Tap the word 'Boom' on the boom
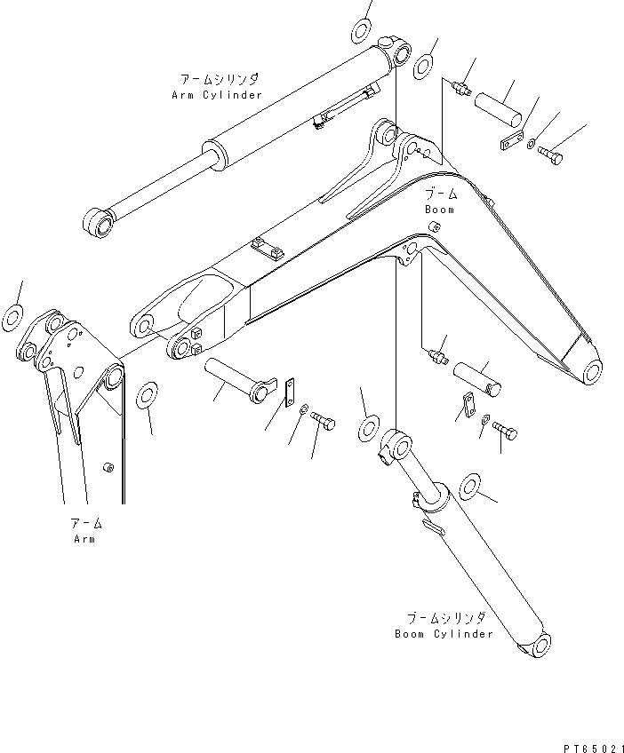439,210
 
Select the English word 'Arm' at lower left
84,539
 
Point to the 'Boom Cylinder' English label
444,634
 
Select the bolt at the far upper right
548,156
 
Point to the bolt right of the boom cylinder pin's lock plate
506,432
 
